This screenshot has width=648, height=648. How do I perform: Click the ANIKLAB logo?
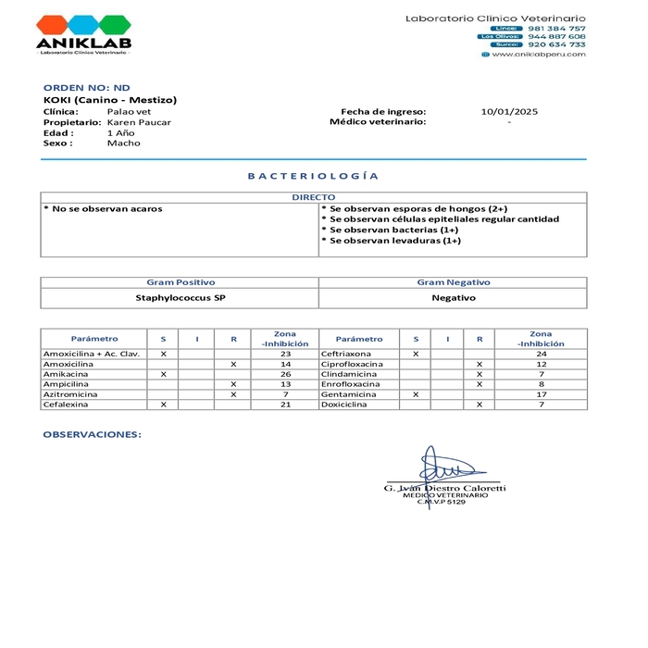point(83,33)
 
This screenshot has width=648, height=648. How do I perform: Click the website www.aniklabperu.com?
point(538,54)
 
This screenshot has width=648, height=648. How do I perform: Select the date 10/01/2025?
point(509,111)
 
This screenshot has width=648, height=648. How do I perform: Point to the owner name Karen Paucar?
point(139,122)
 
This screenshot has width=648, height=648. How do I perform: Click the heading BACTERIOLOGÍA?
point(313,175)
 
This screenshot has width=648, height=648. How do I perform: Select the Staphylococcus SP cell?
point(181,298)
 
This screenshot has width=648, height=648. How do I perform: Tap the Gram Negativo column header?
point(454,282)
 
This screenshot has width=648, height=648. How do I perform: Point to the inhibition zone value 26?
point(285,374)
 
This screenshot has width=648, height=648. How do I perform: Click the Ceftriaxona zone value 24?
point(541,354)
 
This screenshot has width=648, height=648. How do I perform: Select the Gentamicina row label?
point(349,394)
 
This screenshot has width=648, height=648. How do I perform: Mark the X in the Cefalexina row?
point(164,405)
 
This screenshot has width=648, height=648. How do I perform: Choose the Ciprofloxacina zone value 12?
point(541,364)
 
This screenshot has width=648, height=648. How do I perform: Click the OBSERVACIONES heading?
point(93,433)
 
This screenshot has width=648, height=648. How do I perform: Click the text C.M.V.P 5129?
point(442,502)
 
